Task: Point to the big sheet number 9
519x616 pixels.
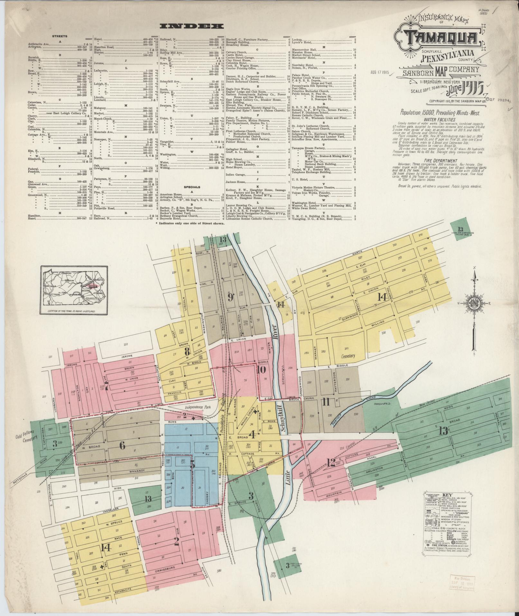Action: click(230, 297)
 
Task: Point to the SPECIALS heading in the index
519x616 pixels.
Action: click(192, 187)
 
